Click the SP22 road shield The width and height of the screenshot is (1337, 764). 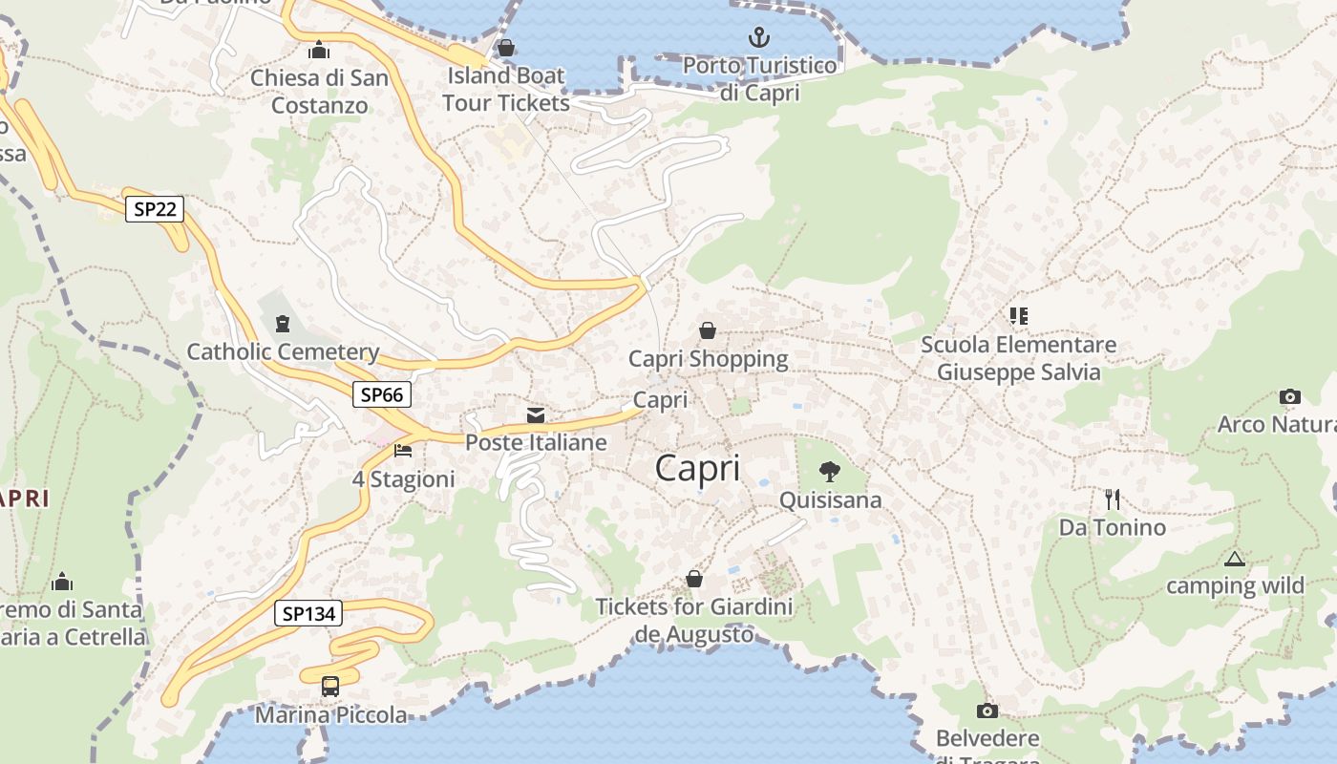point(154,209)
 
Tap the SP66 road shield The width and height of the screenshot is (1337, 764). point(382,394)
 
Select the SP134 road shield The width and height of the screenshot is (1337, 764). point(308,613)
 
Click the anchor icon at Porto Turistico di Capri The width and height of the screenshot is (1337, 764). point(758,38)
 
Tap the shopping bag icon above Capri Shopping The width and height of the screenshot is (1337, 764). point(708,330)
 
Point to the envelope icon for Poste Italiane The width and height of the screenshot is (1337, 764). point(536,414)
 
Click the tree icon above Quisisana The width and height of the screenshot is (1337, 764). point(830,471)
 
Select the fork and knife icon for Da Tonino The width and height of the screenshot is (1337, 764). point(1112,499)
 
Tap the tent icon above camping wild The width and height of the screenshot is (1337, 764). point(1235,559)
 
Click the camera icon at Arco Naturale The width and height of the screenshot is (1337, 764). point(1289,396)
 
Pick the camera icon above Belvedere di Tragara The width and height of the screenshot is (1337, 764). point(987,711)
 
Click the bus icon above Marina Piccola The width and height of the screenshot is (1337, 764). point(329,686)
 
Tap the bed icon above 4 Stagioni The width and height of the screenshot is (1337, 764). point(403,450)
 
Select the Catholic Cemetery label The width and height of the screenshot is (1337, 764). point(283,351)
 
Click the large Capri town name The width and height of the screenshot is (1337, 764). point(698,468)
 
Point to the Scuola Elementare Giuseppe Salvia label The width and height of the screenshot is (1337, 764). point(1018,358)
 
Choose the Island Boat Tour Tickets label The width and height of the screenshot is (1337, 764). point(506,89)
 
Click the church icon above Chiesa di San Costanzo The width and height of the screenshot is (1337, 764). point(319,50)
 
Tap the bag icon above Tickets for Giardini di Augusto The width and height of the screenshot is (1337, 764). point(694,579)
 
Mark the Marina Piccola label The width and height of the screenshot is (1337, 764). point(330,714)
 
